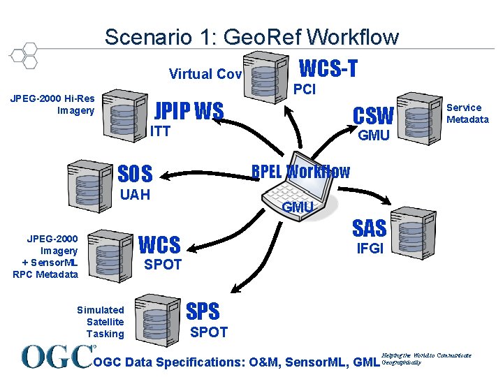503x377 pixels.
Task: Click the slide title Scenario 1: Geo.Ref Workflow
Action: click(251, 36)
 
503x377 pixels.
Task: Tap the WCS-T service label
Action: click(328, 68)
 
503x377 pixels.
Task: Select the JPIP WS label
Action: click(189, 111)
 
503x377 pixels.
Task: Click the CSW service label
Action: click(373, 115)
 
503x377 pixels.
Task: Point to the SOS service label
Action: click(136, 172)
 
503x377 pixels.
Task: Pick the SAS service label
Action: click(369, 228)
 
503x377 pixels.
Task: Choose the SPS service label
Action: click(203, 311)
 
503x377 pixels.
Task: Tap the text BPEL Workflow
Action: click(300, 171)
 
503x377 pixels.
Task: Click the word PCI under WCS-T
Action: click(305, 89)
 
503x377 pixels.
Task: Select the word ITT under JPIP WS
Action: click(160, 131)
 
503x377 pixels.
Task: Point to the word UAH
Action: click(136, 194)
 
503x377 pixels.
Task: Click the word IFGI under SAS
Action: click(370, 248)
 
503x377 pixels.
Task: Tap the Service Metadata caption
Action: click(467, 113)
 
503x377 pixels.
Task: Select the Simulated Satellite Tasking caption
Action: click(101, 322)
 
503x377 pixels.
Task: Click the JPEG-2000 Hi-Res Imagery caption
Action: click(52, 105)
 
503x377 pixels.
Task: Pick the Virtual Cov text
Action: click(205, 74)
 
